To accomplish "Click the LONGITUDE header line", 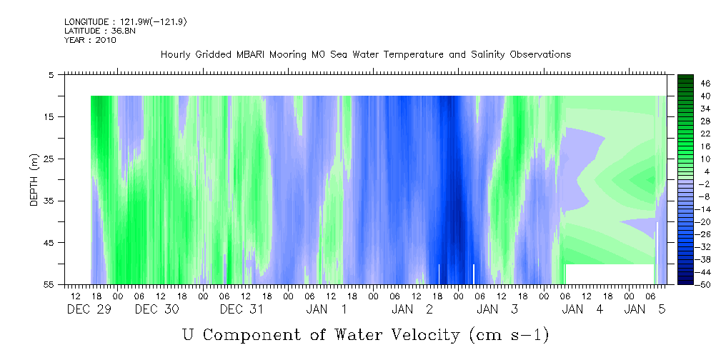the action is (126, 21).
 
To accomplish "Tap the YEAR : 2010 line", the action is (90, 40).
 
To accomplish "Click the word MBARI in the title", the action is (250, 55).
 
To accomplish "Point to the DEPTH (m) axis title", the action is (34, 180).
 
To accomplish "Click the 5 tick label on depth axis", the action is (51, 74).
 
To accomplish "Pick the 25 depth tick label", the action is (49, 159).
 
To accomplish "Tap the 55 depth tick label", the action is (49, 284).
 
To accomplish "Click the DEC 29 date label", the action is (89, 309).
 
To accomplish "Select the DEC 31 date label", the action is (242, 309).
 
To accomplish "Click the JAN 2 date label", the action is (412, 309).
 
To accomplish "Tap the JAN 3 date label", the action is (497, 309).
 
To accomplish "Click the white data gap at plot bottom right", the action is (610, 274).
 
